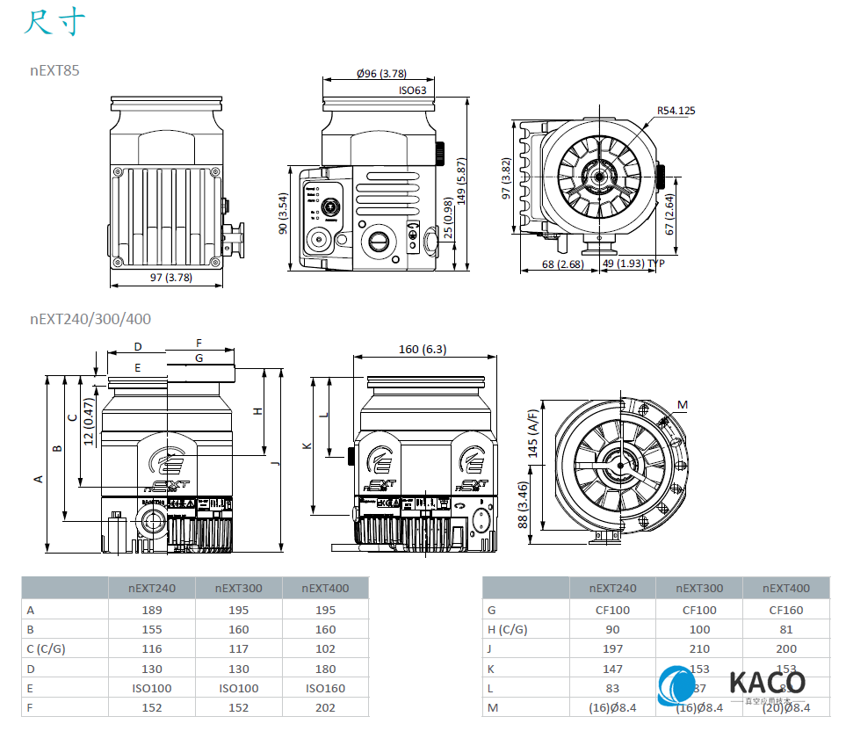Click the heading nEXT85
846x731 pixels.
point(54,70)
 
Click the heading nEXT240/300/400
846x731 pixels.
point(90,319)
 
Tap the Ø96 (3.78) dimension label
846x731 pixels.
point(381,74)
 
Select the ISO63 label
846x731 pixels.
point(412,90)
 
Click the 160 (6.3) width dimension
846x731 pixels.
point(422,349)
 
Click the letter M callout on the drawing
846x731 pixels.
point(683,405)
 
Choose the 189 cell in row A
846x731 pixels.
point(151,610)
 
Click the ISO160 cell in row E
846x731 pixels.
point(324,688)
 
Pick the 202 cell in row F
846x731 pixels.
point(324,707)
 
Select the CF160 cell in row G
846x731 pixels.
point(785,610)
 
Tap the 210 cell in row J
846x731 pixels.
point(699,648)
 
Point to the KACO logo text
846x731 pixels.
point(766,683)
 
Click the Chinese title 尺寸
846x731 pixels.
point(54,23)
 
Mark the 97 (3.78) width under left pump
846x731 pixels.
point(170,278)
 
